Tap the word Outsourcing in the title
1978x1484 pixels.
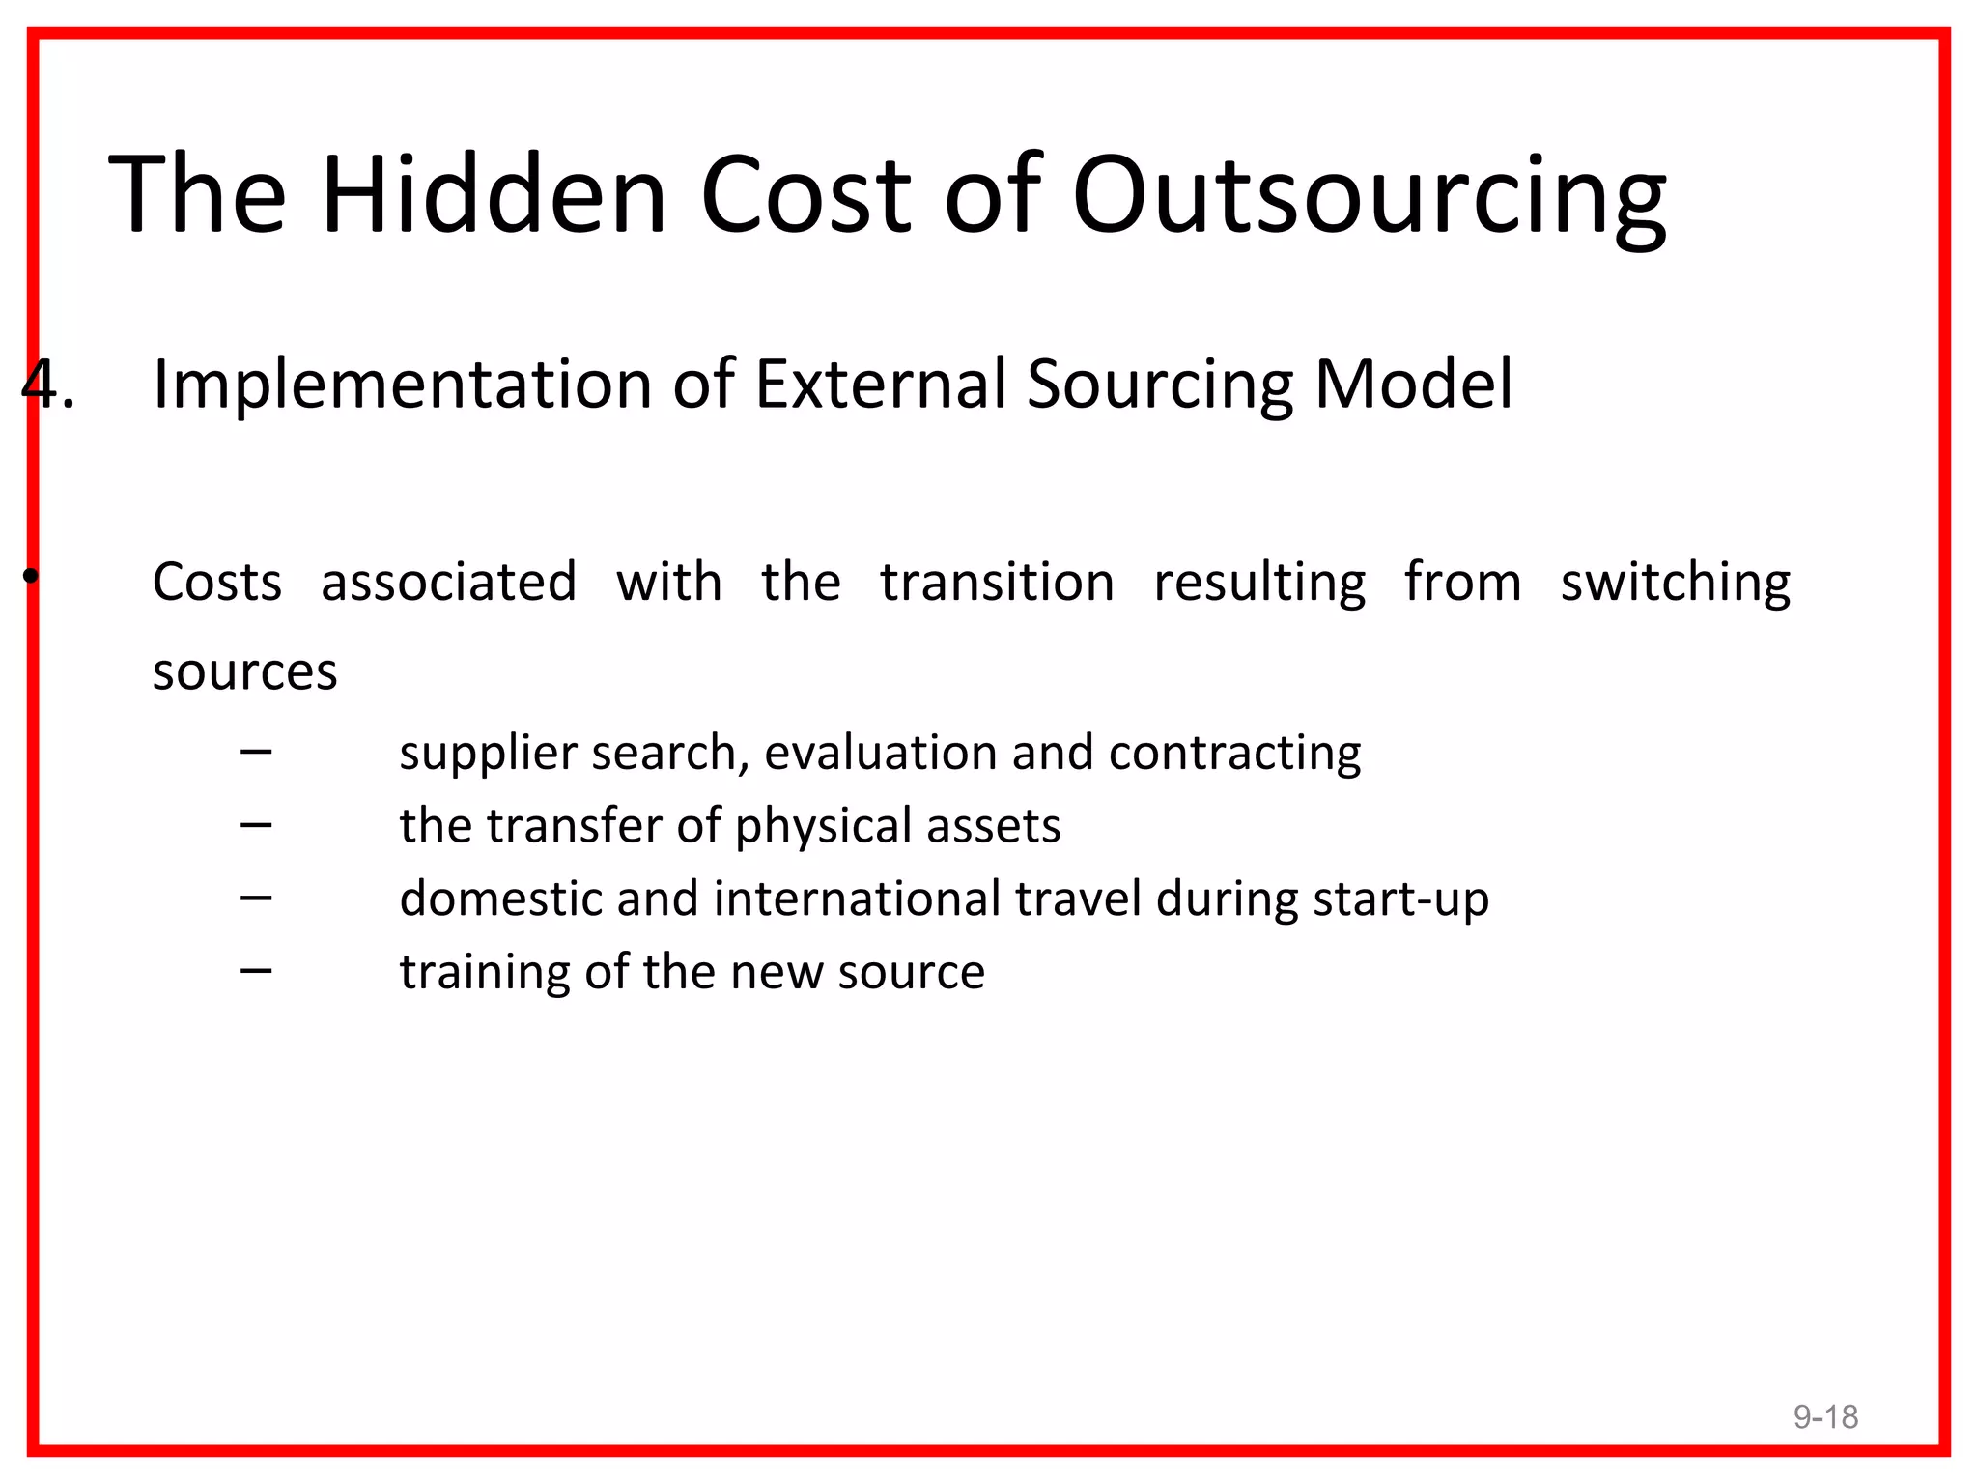click(1369, 198)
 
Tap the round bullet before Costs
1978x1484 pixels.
click(32, 577)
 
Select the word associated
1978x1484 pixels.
click(448, 583)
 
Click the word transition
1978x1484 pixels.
click(997, 583)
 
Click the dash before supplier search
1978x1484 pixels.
click(256, 751)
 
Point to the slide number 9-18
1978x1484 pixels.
click(1825, 1416)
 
